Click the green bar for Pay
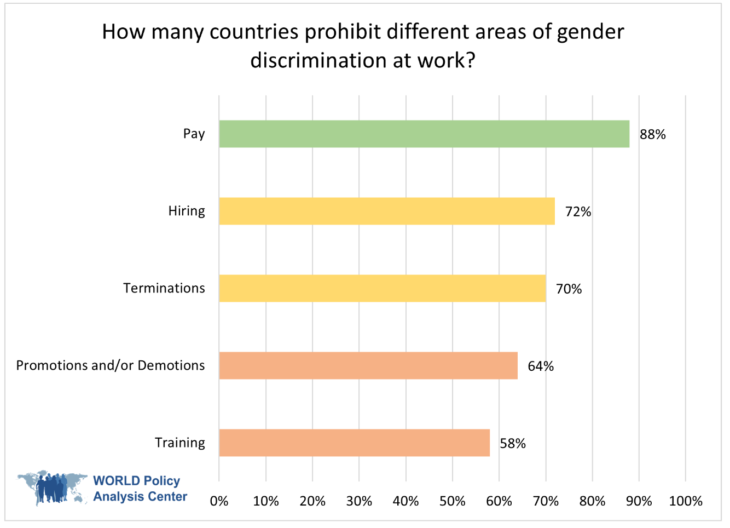pyautogui.click(x=424, y=134)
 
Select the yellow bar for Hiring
pyautogui.click(x=387, y=211)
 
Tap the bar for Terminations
pyautogui.click(x=383, y=289)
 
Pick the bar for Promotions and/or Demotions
pyautogui.click(x=368, y=366)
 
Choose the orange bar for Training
pyautogui.click(x=354, y=443)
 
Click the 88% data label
pyautogui.click(x=652, y=135)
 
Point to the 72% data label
pyautogui.click(x=578, y=212)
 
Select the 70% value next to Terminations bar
pyautogui.click(x=569, y=289)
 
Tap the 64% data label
pyautogui.click(x=541, y=366)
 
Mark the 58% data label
pyautogui.click(x=512, y=444)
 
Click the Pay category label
pyautogui.click(x=194, y=134)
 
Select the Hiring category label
pyautogui.click(x=187, y=211)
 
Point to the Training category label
pyautogui.click(x=179, y=443)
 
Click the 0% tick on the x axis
pyautogui.click(x=219, y=501)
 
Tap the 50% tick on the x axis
pyautogui.click(x=453, y=501)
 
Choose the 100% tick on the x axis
pyautogui.click(x=685, y=501)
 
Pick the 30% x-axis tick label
pyautogui.click(x=359, y=501)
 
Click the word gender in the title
pyautogui.click(x=590, y=32)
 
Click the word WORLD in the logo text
pyautogui.click(x=117, y=481)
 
